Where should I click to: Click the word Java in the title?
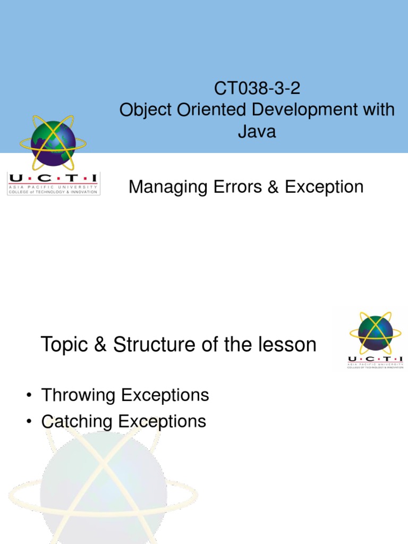[257, 131]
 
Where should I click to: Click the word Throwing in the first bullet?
[79, 395]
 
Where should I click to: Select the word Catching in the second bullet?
[78, 421]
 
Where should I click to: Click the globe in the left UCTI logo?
[53, 142]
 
